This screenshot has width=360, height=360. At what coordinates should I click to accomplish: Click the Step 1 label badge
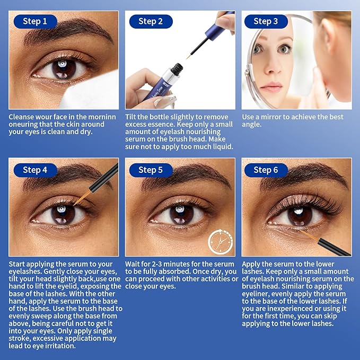point(35,22)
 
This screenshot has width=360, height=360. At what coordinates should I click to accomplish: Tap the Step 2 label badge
point(151,22)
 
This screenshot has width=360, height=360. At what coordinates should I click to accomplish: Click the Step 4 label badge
point(35,170)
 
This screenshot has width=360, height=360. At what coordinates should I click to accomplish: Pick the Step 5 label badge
point(151,170)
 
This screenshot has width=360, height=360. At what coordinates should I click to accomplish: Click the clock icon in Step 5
point(218,242)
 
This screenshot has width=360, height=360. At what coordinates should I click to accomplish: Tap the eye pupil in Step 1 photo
point(62,68)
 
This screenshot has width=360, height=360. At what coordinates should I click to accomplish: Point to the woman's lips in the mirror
point(270,86)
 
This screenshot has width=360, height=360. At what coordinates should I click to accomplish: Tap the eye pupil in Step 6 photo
point(300,215)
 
